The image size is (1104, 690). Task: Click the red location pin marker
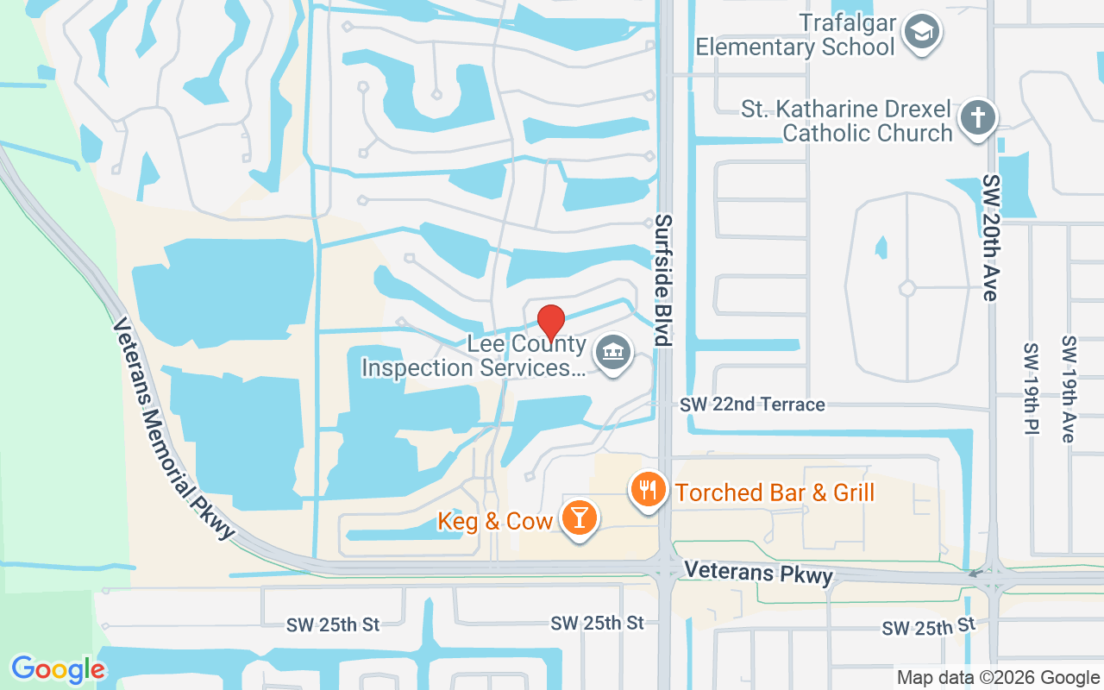[551, 322]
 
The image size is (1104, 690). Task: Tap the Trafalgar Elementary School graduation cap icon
[922, 33]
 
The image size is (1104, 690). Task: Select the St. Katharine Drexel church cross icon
[977, 117]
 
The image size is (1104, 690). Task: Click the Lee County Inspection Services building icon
[613, 353]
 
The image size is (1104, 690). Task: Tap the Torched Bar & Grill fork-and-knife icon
[649, 490]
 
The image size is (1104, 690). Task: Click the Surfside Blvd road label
[662, 280]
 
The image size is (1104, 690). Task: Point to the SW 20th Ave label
[990, 238]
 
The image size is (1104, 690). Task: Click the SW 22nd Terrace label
[752, 405]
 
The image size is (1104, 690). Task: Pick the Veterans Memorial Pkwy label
[174, 429]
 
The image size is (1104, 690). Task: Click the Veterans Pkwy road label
[759, 574]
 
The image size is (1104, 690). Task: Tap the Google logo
[58, 669]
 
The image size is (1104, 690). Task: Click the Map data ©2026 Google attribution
[998, 678]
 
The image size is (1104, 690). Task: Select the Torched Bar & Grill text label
[775, 492]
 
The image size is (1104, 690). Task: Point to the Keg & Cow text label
[495, 521]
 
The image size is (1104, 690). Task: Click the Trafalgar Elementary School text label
[795, 34]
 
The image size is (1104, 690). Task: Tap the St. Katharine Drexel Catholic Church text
[847, 122]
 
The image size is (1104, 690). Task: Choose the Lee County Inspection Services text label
[474, 356]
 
